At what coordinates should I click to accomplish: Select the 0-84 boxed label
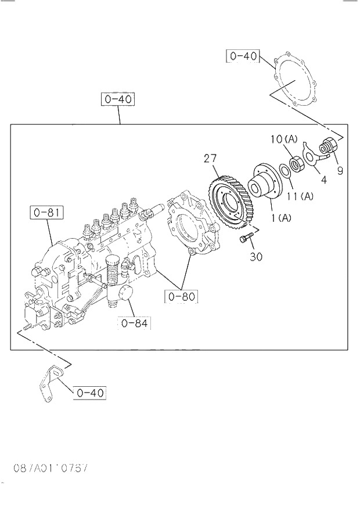(x=135, y=323)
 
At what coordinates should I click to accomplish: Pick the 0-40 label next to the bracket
(x=89, y=393)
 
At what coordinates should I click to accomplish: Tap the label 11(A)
(x=299, y=196)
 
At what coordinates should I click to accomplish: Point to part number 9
(x=340, y=171)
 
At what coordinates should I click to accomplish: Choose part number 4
(x=323, y=180)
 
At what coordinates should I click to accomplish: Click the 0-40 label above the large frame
(x=118, y=99)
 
